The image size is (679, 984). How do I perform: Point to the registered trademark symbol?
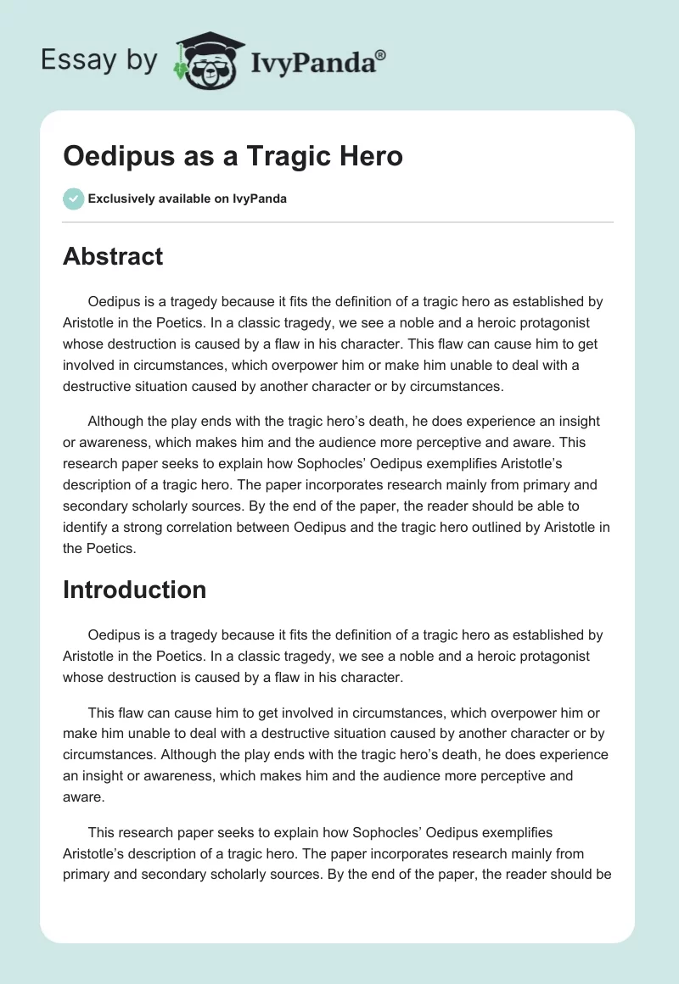point(381,54)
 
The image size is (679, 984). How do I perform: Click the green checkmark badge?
point(73,198)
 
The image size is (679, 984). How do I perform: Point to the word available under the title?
point(188,199)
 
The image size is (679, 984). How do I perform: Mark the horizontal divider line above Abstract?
point(338,222)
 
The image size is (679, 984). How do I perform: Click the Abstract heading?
point(113,256)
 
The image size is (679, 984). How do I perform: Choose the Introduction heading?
point(134,590)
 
